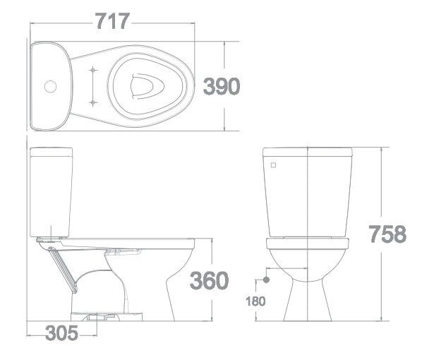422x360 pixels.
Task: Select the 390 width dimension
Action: [222, 86]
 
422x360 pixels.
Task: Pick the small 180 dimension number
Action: [255, 301]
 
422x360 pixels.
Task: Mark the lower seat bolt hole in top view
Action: [92, 102]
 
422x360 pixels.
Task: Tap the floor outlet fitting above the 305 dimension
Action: [92, 316]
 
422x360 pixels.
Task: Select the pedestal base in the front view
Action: [308, 304]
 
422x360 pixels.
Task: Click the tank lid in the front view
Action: [308, 151]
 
